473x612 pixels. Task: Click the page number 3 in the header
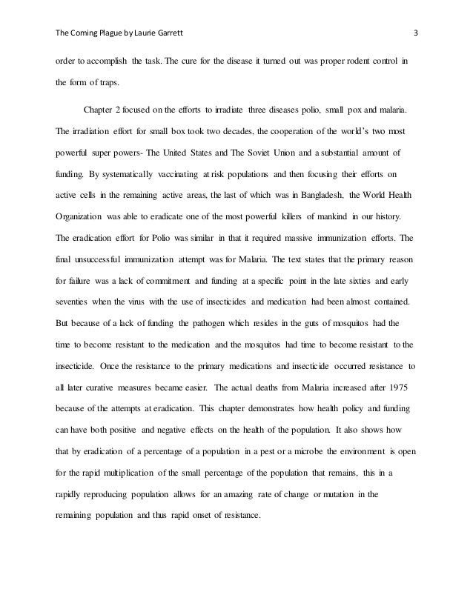point(416,33)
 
